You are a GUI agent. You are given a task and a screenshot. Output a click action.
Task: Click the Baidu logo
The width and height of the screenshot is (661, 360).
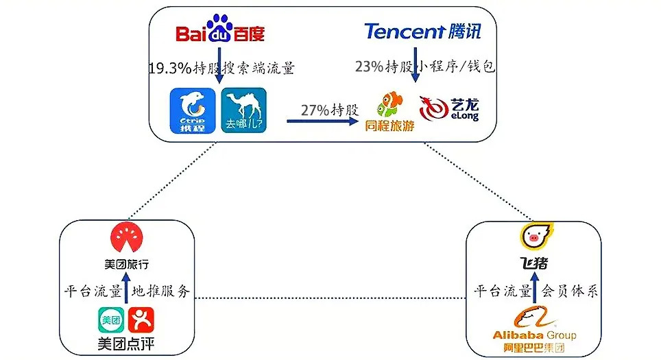tap(220, 29)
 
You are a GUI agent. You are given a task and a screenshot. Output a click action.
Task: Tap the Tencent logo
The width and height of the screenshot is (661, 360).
tap(422, 31)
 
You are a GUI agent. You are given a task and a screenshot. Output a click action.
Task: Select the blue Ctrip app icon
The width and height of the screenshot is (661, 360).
tap(193, 110)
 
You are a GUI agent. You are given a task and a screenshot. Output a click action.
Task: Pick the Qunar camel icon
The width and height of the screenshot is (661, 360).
tap(243, 110)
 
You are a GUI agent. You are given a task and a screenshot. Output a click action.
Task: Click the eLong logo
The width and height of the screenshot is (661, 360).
tap(449, 109)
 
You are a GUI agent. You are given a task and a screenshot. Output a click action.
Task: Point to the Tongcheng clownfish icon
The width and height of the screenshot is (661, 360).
tap(390, 104)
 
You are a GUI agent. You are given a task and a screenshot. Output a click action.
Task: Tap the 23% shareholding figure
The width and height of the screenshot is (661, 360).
tap(369, 67)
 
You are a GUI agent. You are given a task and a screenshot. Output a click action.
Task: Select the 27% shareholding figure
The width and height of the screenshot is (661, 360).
tap(315, 110)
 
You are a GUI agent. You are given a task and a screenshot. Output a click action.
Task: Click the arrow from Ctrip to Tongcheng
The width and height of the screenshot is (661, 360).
tap(322, 121)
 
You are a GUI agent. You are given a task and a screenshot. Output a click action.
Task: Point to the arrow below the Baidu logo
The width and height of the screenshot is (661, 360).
tap(219, 65)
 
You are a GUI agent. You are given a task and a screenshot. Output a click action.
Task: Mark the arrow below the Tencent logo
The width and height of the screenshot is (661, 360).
tap(416, 64)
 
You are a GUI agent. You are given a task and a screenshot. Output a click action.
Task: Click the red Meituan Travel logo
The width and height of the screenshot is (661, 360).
tap(126, 237)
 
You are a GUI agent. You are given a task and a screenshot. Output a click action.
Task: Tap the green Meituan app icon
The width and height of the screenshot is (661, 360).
tap(111, 320)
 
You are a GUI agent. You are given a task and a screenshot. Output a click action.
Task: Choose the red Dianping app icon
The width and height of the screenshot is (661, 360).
tap(141, 320)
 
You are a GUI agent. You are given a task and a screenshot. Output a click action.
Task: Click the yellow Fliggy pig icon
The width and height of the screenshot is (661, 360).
tap(536, 237)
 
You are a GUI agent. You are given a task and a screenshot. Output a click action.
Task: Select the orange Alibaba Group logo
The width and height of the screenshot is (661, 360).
tap(534, 330)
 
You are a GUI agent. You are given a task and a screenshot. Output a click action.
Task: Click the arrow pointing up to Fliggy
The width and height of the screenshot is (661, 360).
tap(535, 287)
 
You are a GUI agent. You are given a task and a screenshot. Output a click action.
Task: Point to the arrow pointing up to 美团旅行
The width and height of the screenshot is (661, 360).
tap(126, 288)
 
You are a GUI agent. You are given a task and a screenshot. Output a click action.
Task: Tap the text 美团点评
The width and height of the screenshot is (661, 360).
tap(126, 344)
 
